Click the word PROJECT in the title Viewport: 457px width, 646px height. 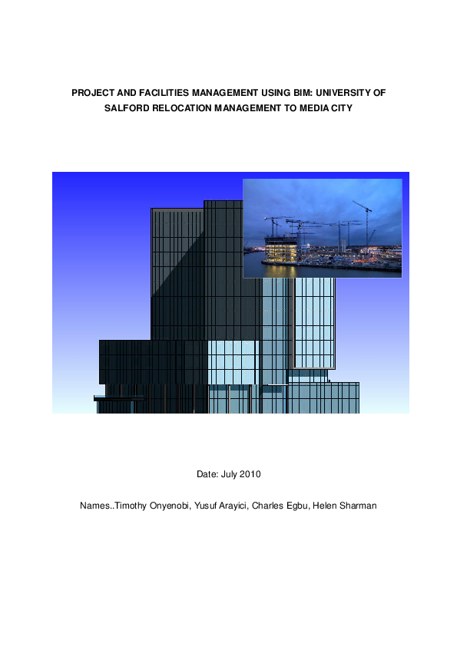[x=91, y=92]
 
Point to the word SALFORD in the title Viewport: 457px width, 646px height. [x=125, y=109]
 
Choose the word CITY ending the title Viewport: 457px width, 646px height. [x=338, y=109]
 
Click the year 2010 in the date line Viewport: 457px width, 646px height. [x=250, y=474]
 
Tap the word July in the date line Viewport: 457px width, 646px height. [x=228, y=474]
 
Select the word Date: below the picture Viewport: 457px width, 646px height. [x=207, y=474]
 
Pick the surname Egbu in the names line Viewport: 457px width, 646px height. [x=300, y=506]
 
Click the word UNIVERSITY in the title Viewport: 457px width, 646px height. [x=343, y=92]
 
